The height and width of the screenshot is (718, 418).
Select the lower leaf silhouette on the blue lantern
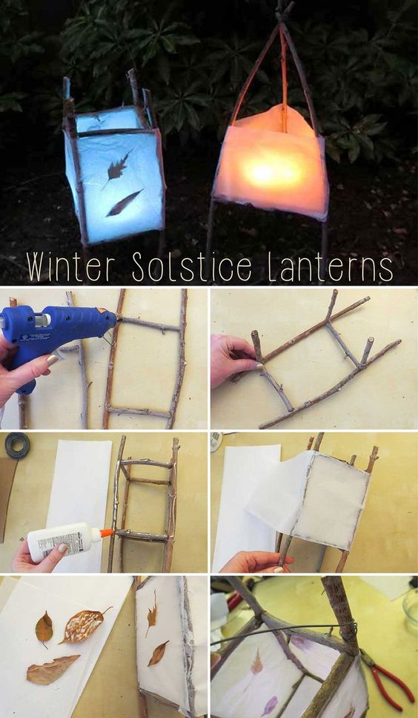coord(124,203)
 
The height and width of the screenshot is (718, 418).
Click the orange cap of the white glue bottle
coord(106,533)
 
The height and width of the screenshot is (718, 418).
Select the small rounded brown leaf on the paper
coord(44,628)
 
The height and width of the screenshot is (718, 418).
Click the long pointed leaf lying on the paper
coord(52,670)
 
